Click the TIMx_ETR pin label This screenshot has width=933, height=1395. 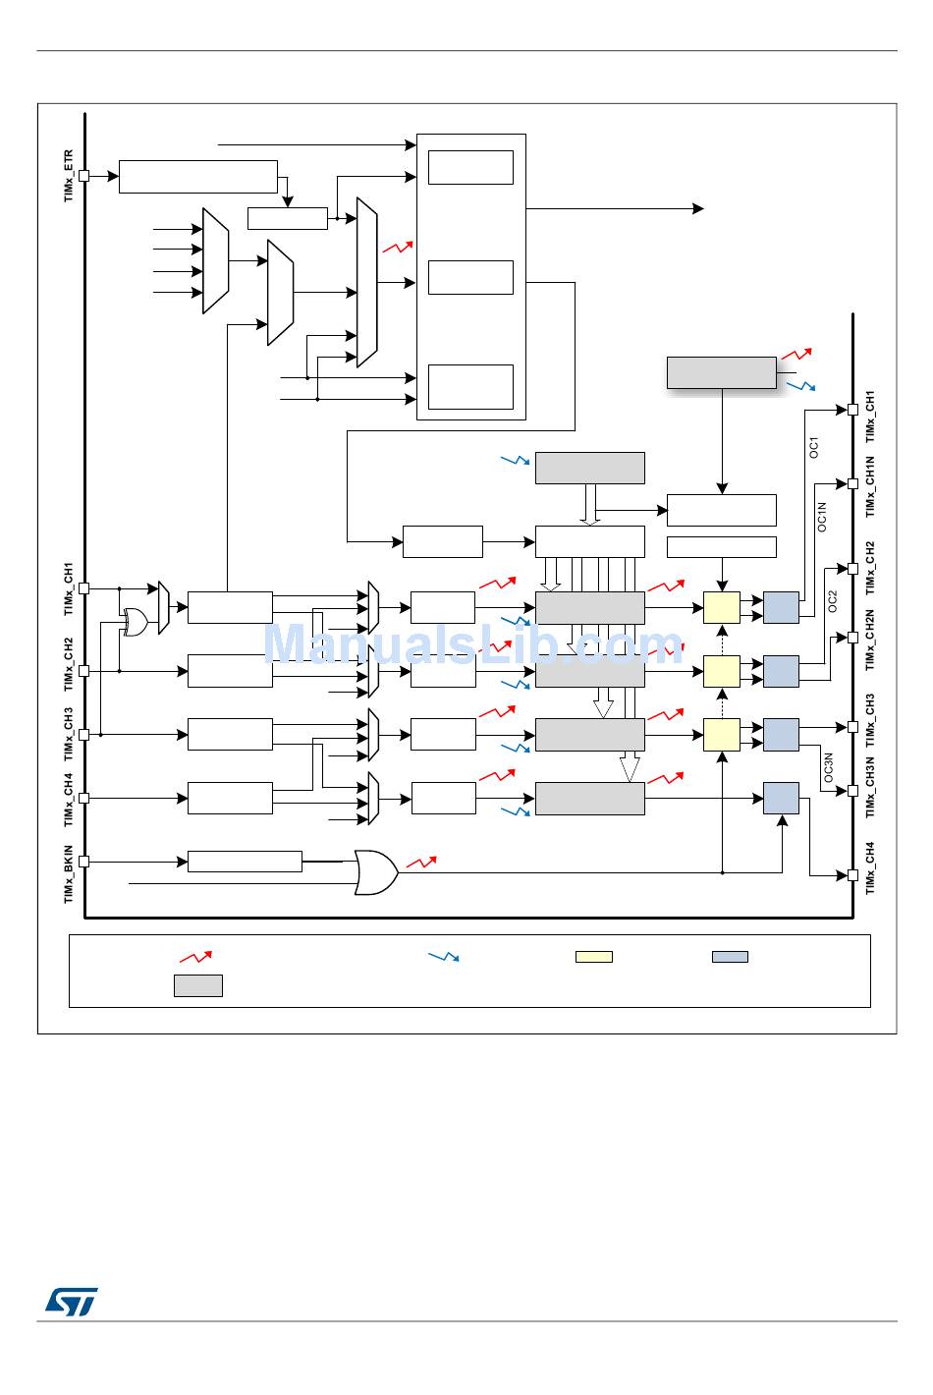pos(69,176)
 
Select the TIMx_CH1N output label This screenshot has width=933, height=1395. pos(870,487)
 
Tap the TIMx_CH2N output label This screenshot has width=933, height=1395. pos(870,640)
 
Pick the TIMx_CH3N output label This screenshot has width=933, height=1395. pos(870,788)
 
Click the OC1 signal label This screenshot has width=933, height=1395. pos(813,447)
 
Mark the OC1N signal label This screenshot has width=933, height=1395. pos(822,517)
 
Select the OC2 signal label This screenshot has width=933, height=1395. pos(832,601)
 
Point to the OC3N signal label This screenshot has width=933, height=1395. pos(828,768)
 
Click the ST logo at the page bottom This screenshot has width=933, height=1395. pos(71,1301)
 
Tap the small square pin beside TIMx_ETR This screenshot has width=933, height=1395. pos(84,176)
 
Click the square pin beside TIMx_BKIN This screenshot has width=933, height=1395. pos(84,862)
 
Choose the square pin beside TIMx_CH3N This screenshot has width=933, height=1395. pos(853,790)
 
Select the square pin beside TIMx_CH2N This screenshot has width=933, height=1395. pos(853,638)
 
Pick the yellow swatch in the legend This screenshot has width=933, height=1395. pos(593,957)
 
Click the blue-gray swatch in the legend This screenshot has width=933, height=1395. pos(730,957)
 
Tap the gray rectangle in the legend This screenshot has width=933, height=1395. pos(198,985)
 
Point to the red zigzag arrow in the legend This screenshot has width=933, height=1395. pos(195,956)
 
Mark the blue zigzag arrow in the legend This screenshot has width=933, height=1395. pos(444,956)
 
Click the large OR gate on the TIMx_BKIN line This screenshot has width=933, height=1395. pos(375,872)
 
